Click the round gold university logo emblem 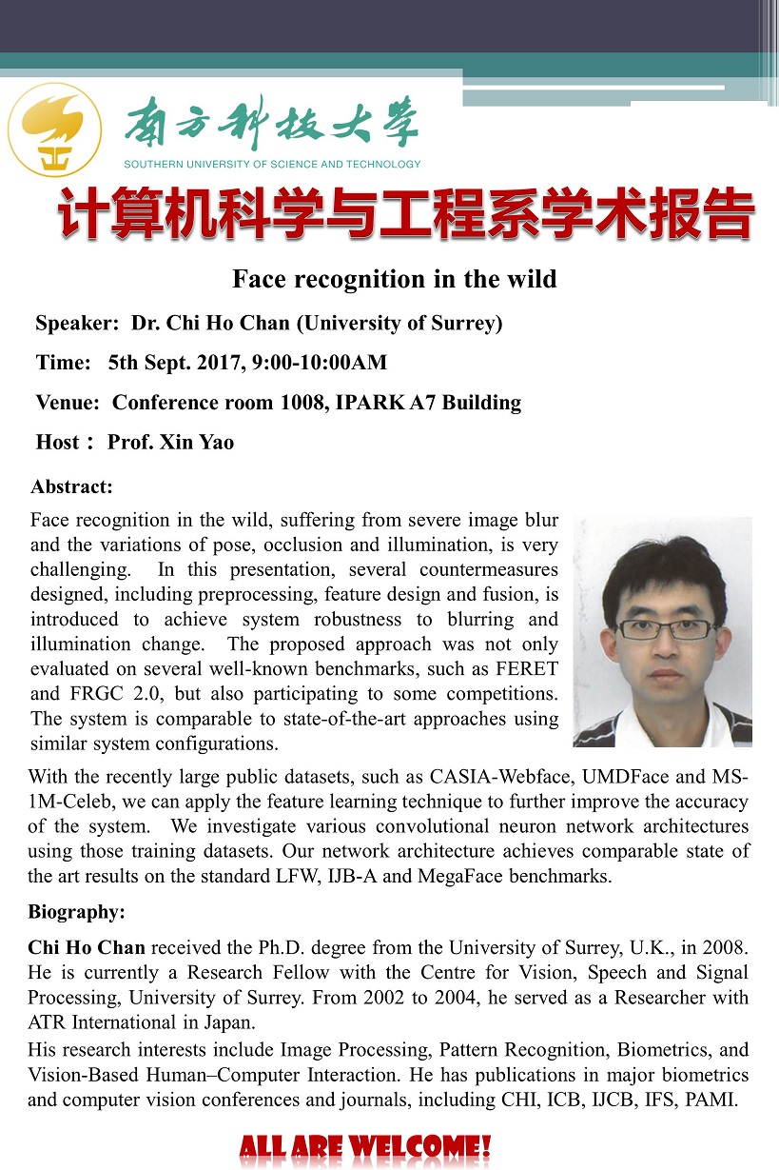coord(54,129)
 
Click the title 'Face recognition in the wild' coord(394,279)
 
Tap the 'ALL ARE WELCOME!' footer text coord(365,1147)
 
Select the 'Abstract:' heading coord(71,487)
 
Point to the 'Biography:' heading coord(76,912)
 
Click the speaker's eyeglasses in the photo coord(666,629)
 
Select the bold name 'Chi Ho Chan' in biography coord(87,947)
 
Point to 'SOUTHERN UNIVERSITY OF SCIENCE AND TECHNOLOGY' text coord(272,164)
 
